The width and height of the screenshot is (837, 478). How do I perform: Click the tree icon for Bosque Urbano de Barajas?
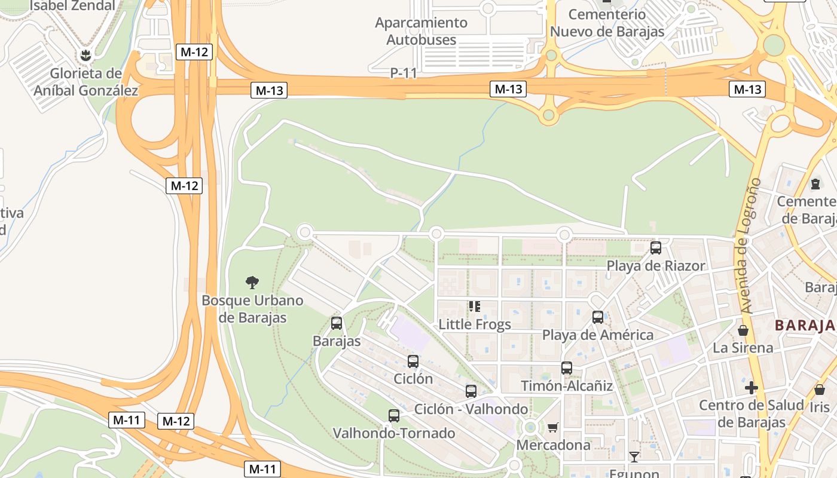[252, 282]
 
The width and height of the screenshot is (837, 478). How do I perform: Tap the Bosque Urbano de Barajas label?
[252, 309]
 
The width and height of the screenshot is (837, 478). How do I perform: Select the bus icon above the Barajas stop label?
[337, 323]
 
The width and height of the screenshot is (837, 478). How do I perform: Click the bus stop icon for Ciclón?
[413, 361]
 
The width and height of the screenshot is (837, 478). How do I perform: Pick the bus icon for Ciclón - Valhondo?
[471, 391]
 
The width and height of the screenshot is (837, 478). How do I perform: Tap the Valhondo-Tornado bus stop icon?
[393, 415]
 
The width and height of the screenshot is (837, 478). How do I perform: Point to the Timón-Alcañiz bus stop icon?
[566, 368]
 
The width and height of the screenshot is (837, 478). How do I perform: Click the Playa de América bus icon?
[597, 317]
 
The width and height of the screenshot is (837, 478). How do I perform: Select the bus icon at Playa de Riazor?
[655, 247]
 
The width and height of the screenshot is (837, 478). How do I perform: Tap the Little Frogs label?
[475, 324]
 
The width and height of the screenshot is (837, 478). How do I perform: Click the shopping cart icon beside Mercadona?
[552, 427]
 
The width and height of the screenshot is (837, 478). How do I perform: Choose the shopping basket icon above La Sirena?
[743, 330]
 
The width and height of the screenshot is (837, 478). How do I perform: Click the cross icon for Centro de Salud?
[751, 388]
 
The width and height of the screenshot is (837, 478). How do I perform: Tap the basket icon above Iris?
[819, 390]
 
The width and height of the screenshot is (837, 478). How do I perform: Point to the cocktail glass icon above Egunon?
[634, 457]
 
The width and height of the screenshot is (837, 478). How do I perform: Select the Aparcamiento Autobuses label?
[421, 31]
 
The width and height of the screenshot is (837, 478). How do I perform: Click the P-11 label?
[404, 73]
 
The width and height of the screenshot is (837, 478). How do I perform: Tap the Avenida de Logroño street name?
[748, 245]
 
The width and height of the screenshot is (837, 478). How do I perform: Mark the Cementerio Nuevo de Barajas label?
[607, 23]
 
